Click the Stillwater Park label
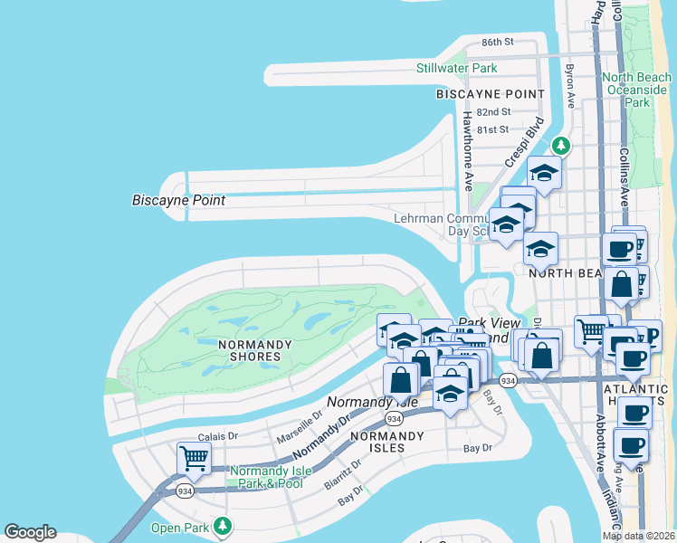click(456, 68)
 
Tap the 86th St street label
click(497, 43)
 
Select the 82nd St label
click(493, 111)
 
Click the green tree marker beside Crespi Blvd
click(561, 145)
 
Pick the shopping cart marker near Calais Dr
click(195, 458)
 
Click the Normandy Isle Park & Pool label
click(266, 477)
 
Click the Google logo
click(30, 532)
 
